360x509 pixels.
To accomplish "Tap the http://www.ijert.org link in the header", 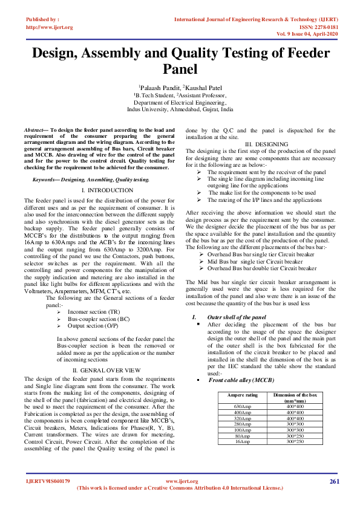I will (x=50, y=27).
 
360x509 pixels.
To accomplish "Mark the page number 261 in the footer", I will (x=335, y=481).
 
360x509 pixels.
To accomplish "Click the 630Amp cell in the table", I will (x=242, y=406).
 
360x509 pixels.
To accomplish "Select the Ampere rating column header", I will (x=242, y=395).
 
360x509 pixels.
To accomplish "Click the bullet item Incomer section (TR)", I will (x=93, y=311).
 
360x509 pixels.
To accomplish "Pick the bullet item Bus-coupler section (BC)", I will (x=98, y=319).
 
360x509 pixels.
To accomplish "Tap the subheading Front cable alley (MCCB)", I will (x=241, y=380).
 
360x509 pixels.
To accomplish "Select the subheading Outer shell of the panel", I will (x=237, y=317).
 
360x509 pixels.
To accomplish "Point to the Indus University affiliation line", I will (x=180, y=110).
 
